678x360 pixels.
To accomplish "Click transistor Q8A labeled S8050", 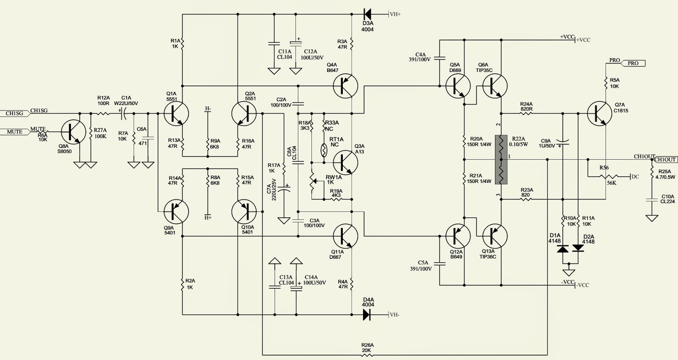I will coord(73,132).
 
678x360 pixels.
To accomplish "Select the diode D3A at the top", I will coord(367,14).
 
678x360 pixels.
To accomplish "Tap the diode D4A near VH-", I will coord(367,315).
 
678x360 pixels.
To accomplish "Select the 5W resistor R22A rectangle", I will coord(501,160).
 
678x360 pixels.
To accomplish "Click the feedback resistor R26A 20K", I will coord(367,355).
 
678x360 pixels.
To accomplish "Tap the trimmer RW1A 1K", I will coord(314,181).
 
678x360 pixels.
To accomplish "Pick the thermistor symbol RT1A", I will coord(324,150).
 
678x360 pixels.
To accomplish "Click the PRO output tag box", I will coord(633,64).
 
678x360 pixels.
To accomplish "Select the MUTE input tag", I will coord(15,132).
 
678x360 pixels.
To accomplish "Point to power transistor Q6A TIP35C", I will coord(495,86).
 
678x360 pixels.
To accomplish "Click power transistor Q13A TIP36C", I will coord(495,236).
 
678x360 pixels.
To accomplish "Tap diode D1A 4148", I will coord(563,249).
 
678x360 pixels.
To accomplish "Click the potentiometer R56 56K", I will coord(608,176).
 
